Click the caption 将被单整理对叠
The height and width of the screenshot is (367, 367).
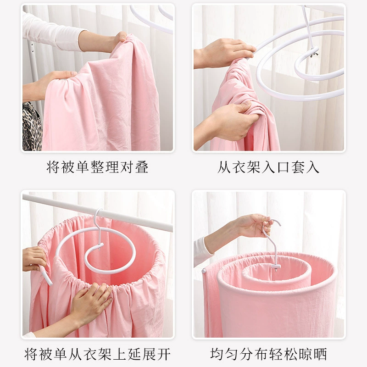[97, 167]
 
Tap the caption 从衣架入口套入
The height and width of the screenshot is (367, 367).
[268, 167]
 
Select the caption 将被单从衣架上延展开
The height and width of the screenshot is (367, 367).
[97, 354]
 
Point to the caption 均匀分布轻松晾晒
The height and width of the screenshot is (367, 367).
[268, 354]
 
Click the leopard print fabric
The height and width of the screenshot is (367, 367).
[32, 127]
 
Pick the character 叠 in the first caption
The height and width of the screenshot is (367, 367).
[142, 167]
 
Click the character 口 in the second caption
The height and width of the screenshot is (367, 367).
[283, 167]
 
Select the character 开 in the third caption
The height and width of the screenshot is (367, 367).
[164, 354]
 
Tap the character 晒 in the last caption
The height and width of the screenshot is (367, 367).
[320, 354]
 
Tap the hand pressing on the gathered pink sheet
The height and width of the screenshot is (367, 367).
[91, 304]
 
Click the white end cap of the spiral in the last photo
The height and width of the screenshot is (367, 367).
[204, 272]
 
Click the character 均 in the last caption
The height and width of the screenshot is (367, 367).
[217, 354]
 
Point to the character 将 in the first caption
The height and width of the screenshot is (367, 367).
[53, 167]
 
